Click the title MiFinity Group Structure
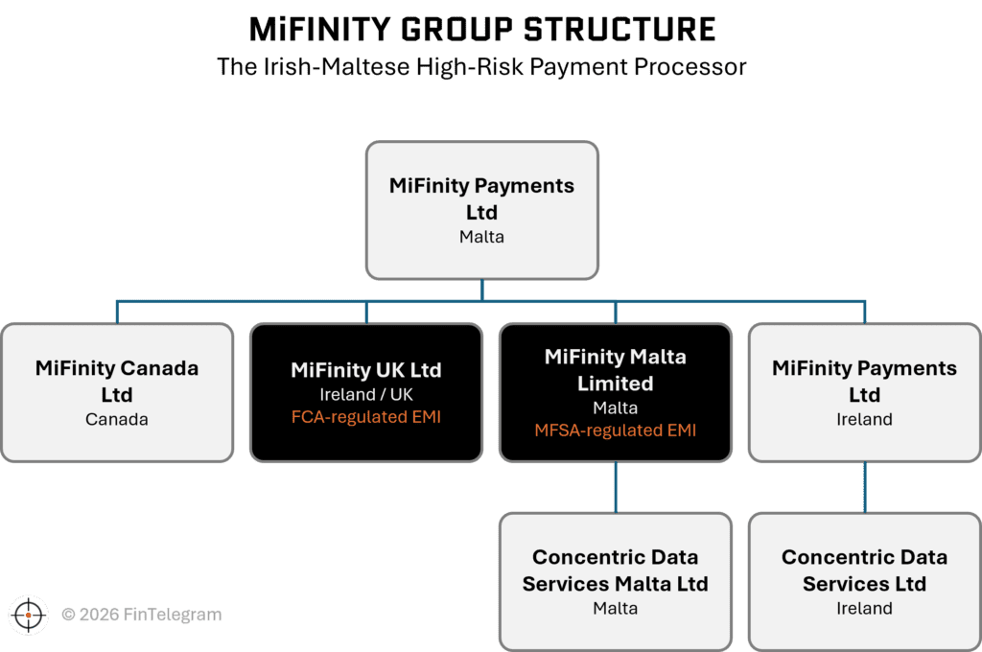pyautogui.click(x=481, y=29)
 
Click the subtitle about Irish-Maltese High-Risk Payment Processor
pyautogui.click(x=481, y=68)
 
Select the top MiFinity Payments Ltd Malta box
pyautogui.click(x=481, y=210)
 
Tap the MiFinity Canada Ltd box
pyautogui.click(x=117, y=392)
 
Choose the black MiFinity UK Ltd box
pyautogui.click(x=366, y=392)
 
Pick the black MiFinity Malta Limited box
pyautogui.click(x=615, y=392)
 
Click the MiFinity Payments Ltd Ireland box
pyautogui.click(x=864, y=392)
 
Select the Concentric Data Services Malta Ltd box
pyautogui.click(x=615, y=580)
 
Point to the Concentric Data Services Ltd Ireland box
pyautogui.click(x=864, y=580)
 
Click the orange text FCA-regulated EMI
pyautogui.click(x=365, y=418)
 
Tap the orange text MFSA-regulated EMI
pyautogui.click(x=615, y=431)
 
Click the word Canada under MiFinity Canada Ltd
pyautogui.click(x=117, y=420)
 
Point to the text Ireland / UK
pyautogui.click(x=365, y=394)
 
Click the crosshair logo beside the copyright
pyautogui.click(x=29, y=614)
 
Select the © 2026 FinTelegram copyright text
pyautogui.click(x=141, y=615)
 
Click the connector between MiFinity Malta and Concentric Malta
pyautogui.click(x=616, y=487)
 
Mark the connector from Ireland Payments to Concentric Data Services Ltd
pyautogui.click(x=865, y=487)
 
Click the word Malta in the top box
pyautogui.click(x=481, y=237)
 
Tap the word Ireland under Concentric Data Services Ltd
pyautogui.click(x=864, y=609)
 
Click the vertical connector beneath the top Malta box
pyautogui.click(x=481, y=291)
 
